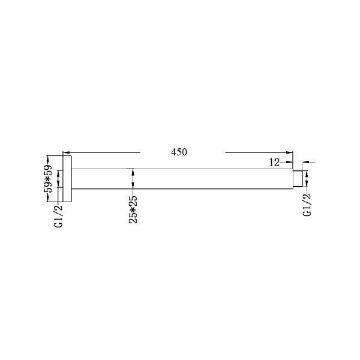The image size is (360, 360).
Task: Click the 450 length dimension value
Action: (x=179, y=152)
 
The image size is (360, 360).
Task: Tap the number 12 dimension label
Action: (x=275, y=162)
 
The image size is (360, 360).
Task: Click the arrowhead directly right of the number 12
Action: (x=289, y=162)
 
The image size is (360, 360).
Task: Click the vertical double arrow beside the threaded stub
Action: (x=307, y=179)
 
